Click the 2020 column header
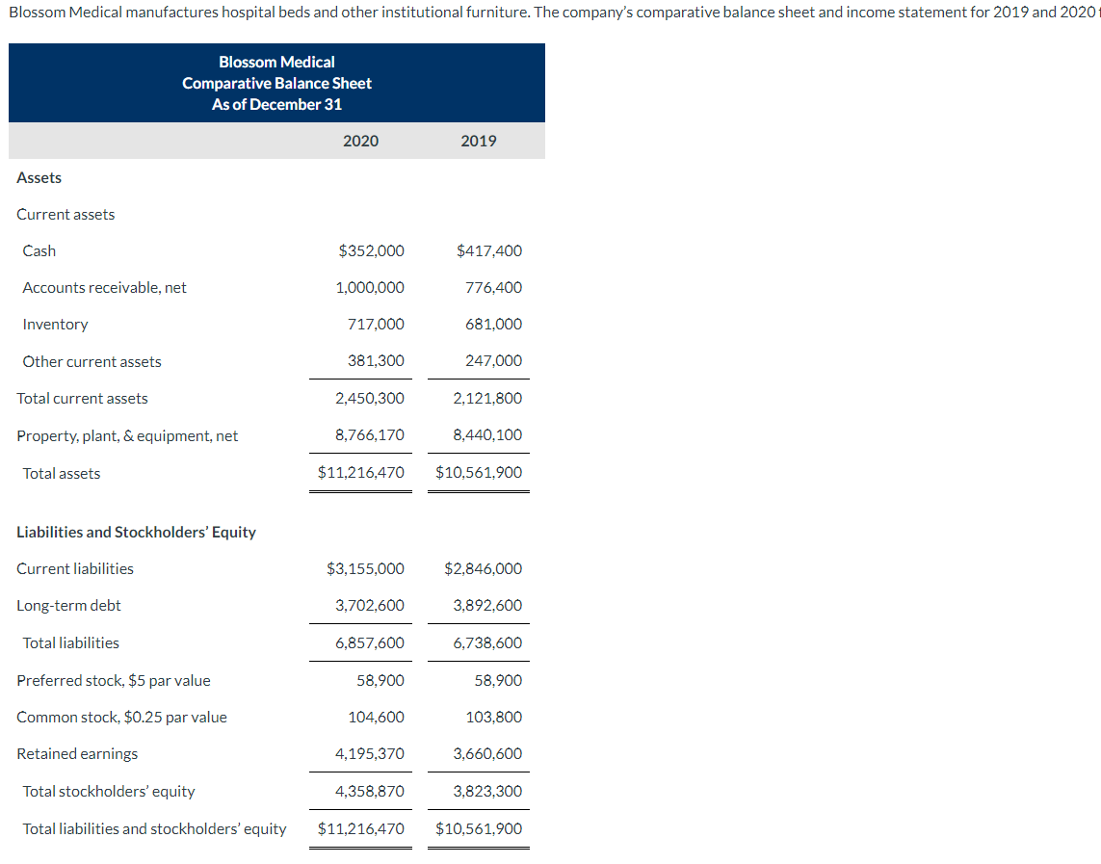(360, 142)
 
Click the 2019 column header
(479, 142)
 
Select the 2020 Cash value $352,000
(372, 251)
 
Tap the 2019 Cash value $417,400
(489, 251)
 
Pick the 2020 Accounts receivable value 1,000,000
(370, 288)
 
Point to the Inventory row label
(55, 325)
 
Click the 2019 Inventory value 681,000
(493, 325)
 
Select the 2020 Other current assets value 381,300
(376, 361)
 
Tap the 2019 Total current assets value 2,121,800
(487, 399)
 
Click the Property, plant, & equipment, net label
(127, 436)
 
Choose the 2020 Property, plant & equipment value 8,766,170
(370, 435)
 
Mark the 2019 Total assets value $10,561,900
(479, 473)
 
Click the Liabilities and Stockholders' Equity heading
(136, 533)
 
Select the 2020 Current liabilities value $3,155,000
(366, 569)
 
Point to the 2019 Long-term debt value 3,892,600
(487, 606)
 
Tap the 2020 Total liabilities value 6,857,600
(370, 643)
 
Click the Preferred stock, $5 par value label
(113, 681)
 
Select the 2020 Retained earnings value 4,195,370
(370, 754)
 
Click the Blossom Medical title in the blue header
(276, 63)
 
